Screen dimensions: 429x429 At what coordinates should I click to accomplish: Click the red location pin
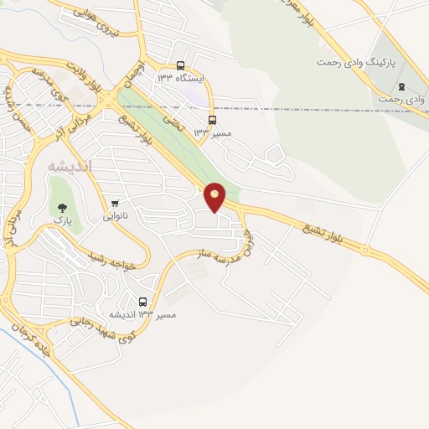[215, 196]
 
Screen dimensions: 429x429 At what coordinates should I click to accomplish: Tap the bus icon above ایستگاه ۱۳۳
[181, 65]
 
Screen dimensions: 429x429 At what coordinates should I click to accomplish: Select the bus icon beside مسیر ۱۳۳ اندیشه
[142, 302]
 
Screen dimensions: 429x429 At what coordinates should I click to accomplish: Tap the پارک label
[63, 219]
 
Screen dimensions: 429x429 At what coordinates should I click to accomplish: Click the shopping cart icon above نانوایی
[115, 204]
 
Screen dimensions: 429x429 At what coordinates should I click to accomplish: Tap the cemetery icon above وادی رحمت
[401, 87]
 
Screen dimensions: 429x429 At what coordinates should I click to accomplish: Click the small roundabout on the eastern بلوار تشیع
[365, 249]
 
